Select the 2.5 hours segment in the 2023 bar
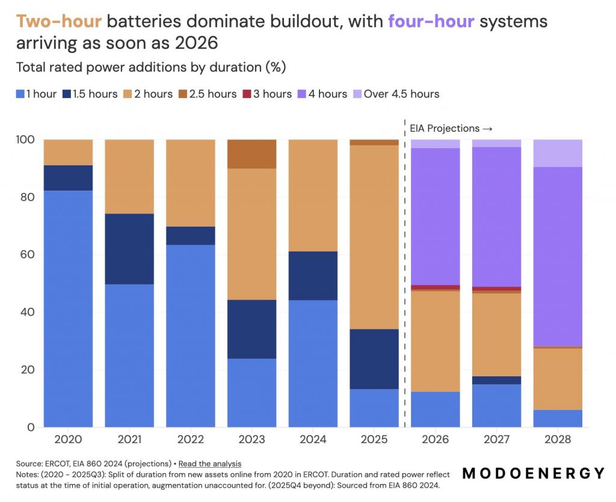251,154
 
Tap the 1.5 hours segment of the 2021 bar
129,249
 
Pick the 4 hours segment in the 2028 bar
558,257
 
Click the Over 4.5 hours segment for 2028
558,153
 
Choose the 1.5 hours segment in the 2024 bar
313,275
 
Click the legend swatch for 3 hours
245,94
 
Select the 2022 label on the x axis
190,439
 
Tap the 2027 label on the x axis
496,439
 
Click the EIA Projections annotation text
451,128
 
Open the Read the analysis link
210,463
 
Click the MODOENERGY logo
534,473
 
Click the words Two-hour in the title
58,22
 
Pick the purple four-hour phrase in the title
431,22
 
